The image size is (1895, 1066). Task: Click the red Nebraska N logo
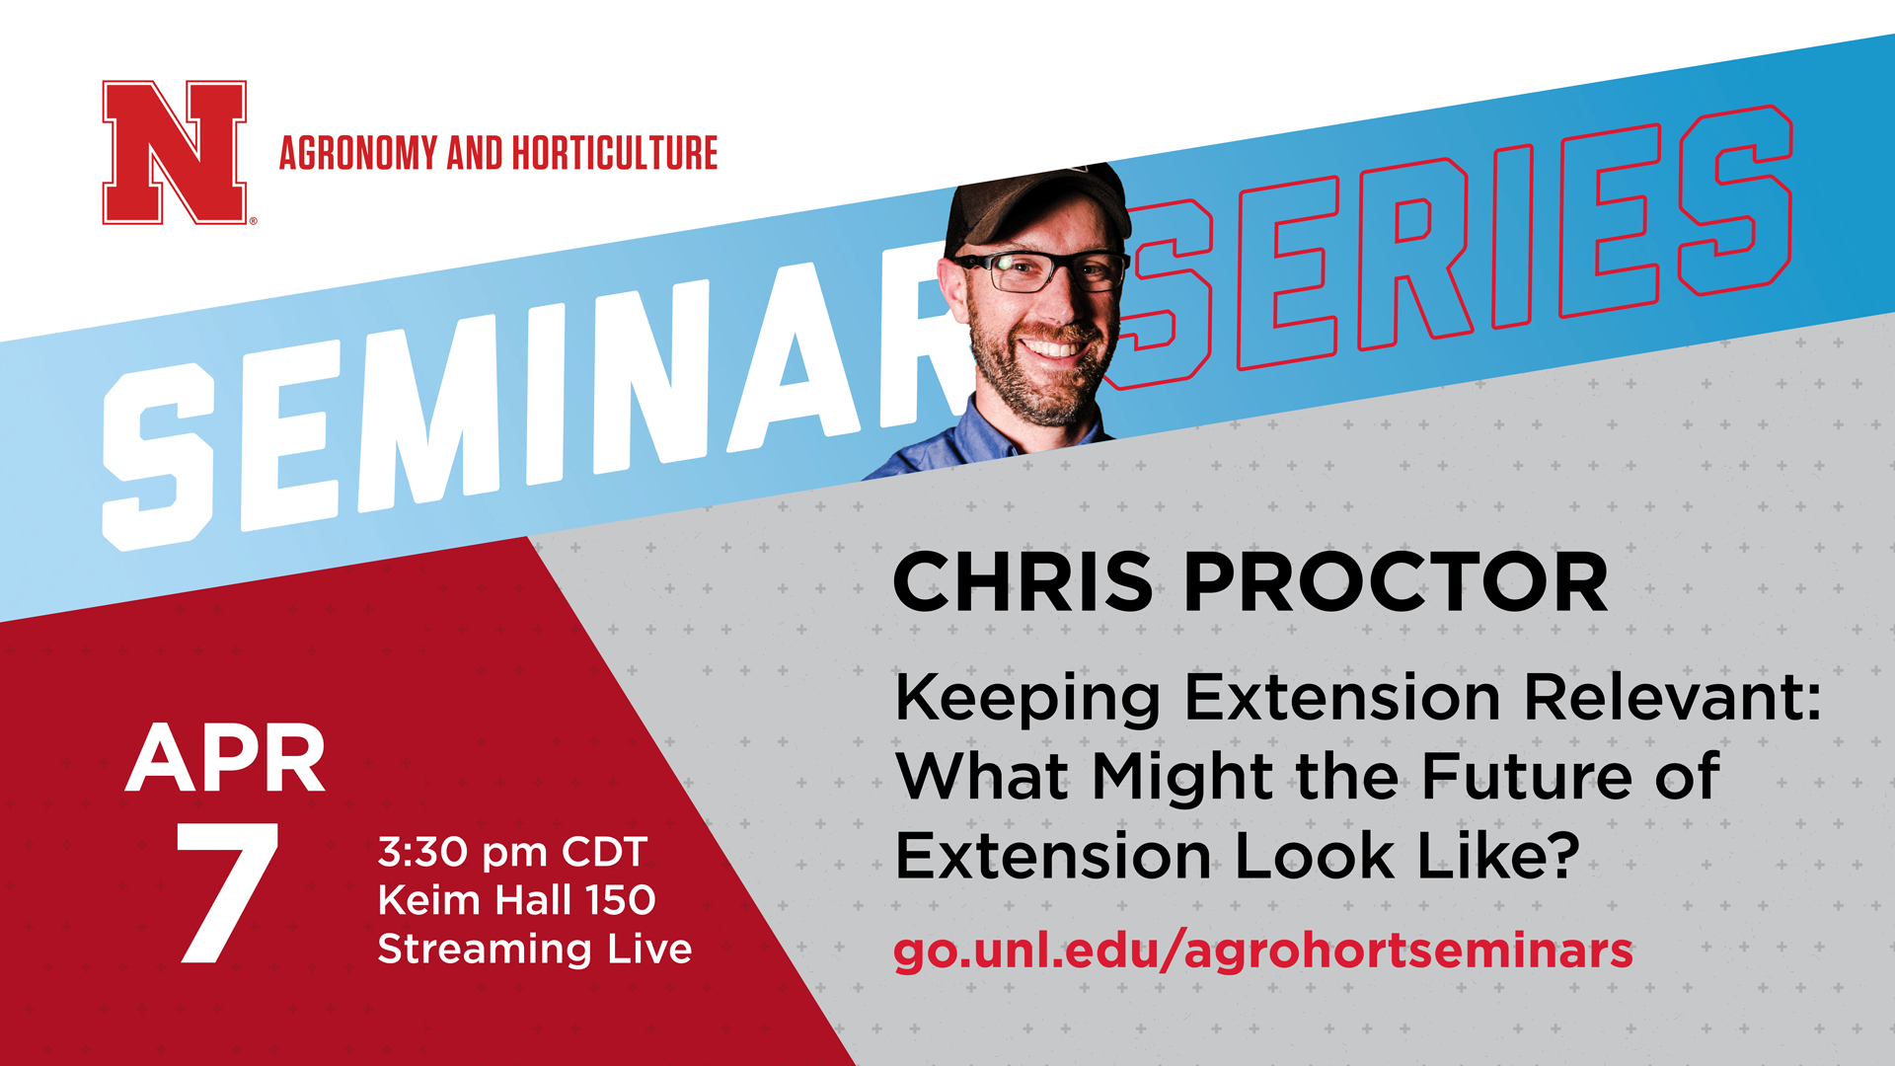[175, 152]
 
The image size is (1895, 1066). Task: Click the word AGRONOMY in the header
[358, 154]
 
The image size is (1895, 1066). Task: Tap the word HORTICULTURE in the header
[615, 154]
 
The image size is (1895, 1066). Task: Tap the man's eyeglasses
[1046, 269]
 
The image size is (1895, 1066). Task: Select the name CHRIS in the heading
[1023, 582]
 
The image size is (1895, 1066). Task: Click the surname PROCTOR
[1396, 582]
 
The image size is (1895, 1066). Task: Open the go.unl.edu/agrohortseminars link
[1263, 950]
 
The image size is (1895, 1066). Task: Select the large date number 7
[228, 892]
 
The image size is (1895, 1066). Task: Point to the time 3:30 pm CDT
[512, 852]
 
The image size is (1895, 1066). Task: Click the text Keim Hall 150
[516, 899]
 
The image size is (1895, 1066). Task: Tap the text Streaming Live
[535, 949]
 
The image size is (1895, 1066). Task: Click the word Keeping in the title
[1027, 699]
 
